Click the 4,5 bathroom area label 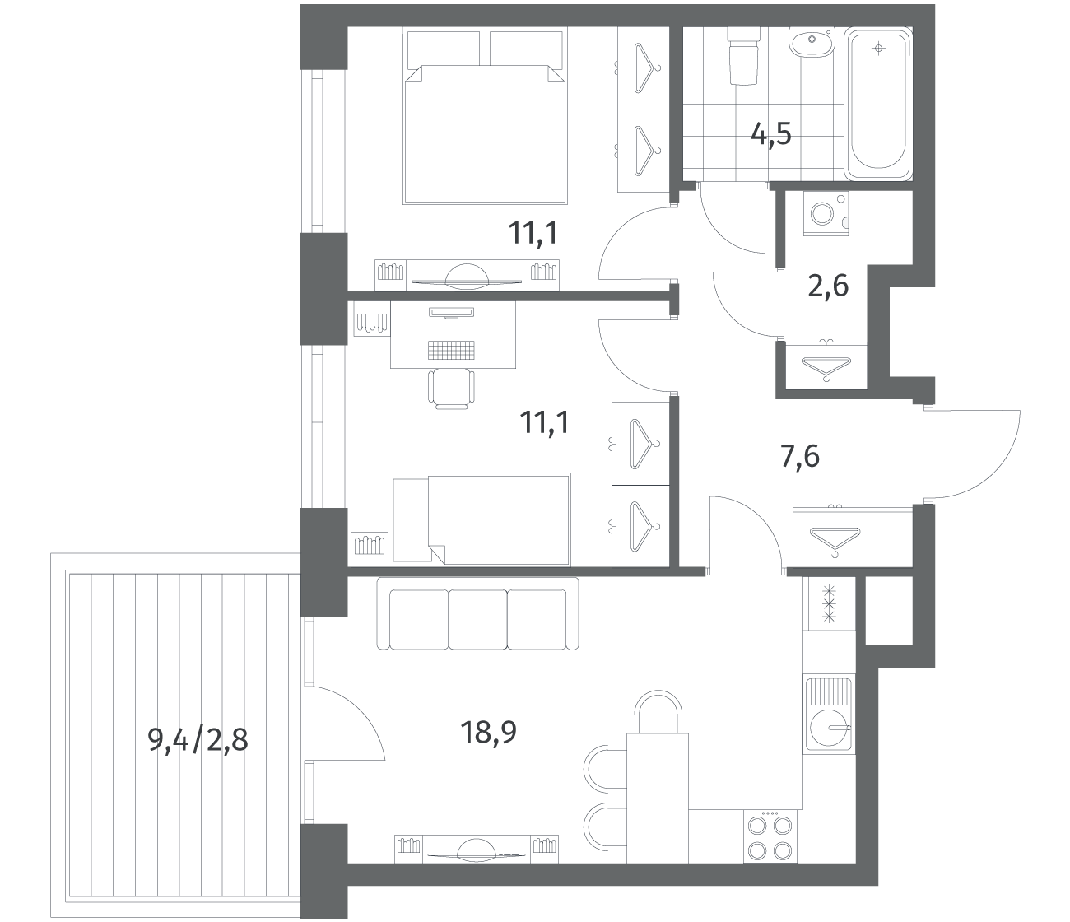(770, 135)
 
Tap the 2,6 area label (828, 286)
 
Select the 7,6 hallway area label (800, 457)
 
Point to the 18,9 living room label (488, 732)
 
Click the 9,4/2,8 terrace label (198, 740)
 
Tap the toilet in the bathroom (742, 56)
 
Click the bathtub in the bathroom (878, 104)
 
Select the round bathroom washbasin (812, 40)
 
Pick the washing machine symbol (826, 214)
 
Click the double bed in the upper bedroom (485, 116)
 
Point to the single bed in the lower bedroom (479, 519)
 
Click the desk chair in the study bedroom (451, 389)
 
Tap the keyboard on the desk (451, 349)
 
